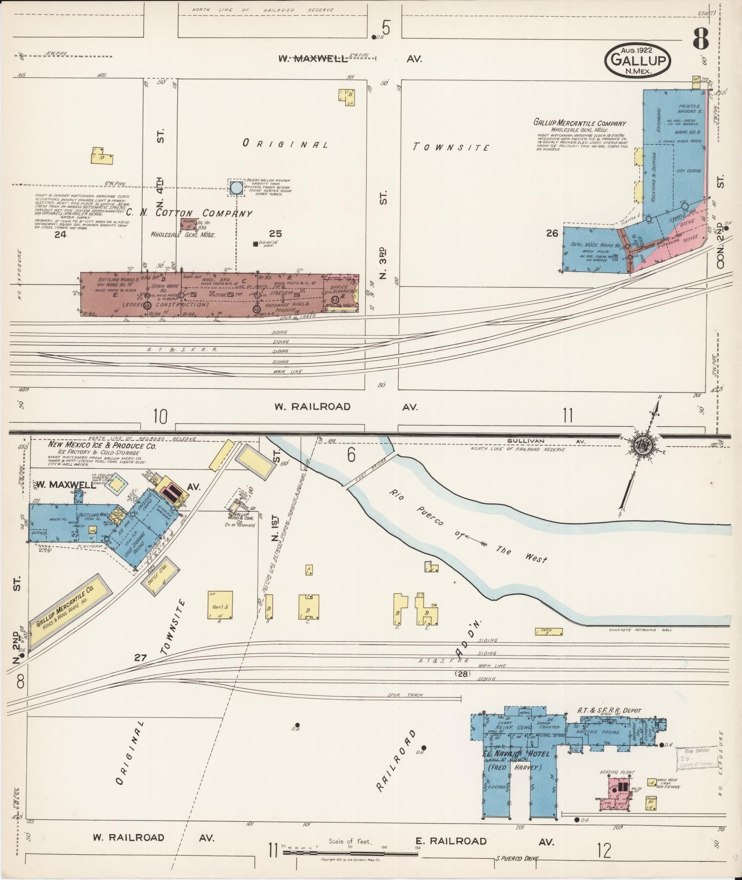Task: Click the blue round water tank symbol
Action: (236, 188)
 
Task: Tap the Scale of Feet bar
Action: (350, 853)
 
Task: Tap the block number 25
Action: (275, 234)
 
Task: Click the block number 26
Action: (552, 233)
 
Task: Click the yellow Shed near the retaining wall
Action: (549, 632)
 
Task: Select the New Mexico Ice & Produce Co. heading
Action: (102, 446)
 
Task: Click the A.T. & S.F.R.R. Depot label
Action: (609, 724)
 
